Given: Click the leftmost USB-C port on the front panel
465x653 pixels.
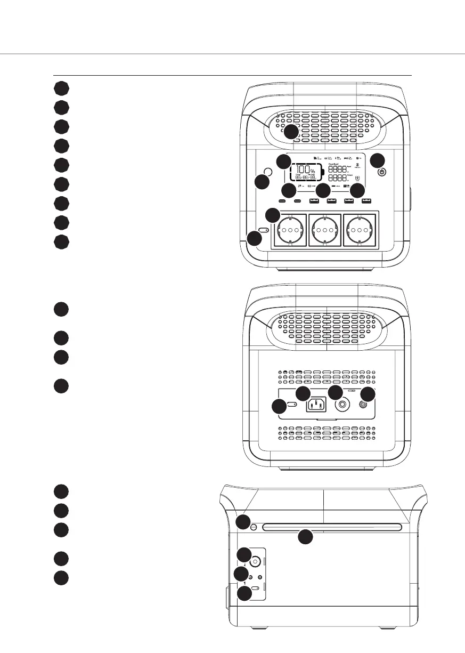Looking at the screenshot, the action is [283, 201].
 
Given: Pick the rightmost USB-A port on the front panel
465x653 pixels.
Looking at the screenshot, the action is [365, 201].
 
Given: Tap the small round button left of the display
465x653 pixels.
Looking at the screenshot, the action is [268, 172].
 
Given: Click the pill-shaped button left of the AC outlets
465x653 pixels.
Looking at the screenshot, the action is [264, 230].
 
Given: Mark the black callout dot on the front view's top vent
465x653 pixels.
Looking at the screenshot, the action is [290, 132].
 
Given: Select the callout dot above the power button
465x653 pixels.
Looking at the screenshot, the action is [377, 159].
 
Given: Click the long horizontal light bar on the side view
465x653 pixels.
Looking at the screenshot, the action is [331, 527].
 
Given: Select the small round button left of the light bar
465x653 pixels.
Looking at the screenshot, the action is [254, 528].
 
